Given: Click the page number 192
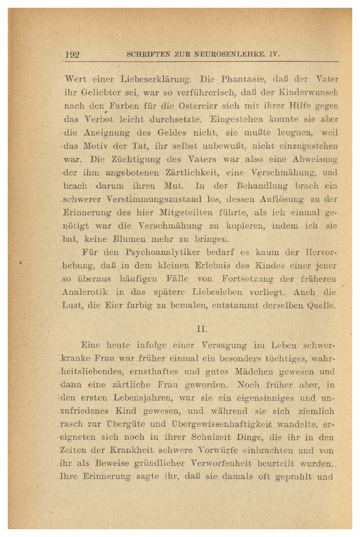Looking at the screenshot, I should point(72,55).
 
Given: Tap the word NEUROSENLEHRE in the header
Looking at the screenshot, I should point(229,54).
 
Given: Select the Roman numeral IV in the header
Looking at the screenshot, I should point(274,54).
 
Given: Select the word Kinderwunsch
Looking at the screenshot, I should point(308,93).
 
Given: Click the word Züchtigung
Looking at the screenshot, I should point(136,160).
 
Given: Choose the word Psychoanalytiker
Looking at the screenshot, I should point(163,253).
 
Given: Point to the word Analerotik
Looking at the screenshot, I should point(85,292).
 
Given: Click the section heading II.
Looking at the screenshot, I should point(202,329).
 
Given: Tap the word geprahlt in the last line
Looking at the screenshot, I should point(292,477).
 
